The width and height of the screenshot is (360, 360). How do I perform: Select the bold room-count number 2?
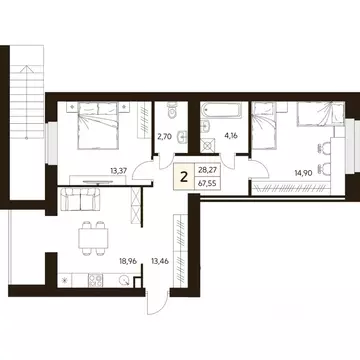[x=181, y=176]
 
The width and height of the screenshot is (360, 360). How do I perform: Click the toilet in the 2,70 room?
[x=171, y=105]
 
